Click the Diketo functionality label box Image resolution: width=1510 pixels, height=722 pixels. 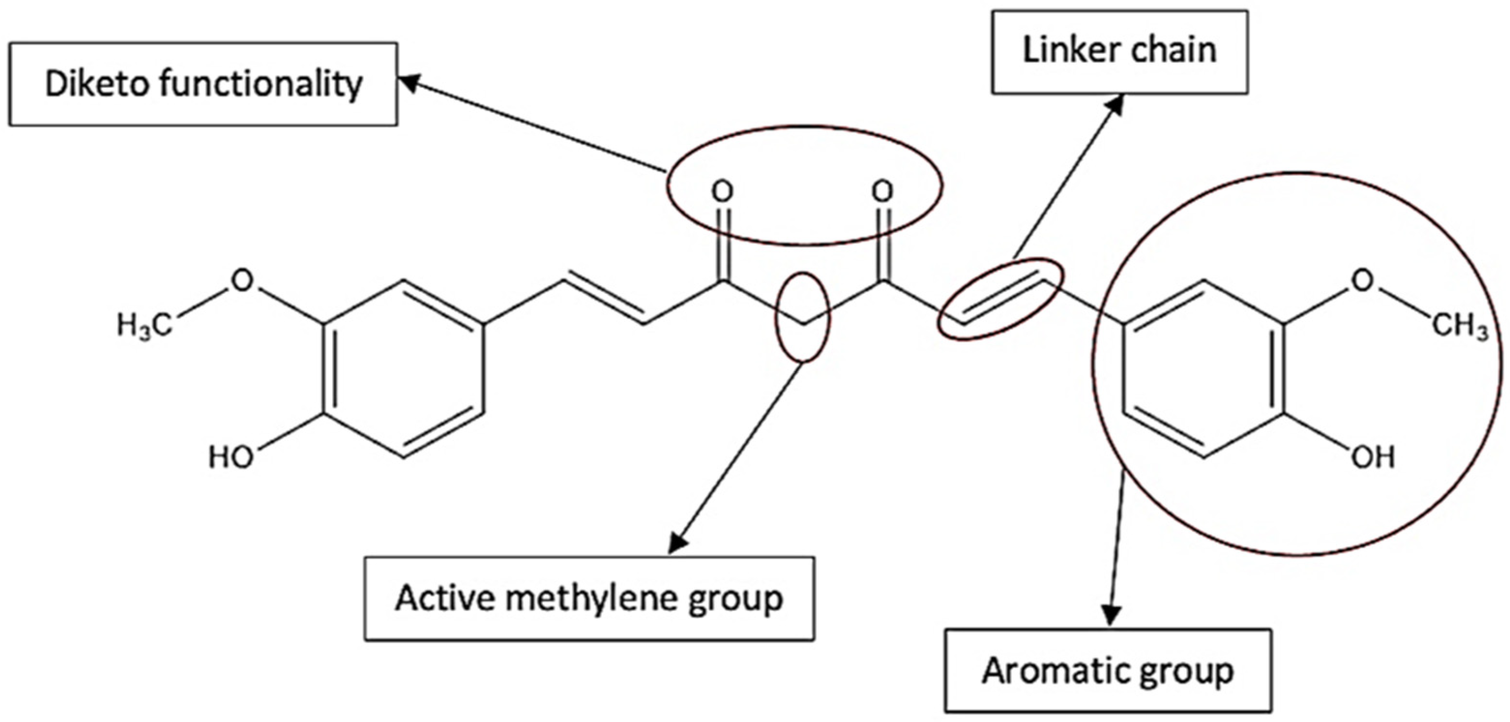coord(203,84)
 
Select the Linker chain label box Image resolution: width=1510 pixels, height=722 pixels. coord(1119,51)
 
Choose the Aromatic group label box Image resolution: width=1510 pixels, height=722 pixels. coord(1108,671)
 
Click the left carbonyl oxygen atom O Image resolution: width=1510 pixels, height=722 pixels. coord(723,191)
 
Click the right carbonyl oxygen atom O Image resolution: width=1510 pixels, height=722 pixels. coord(883,191)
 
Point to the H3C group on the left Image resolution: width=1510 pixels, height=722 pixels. coord(144,326)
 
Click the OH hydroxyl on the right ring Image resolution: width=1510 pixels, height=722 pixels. coord(1373,457)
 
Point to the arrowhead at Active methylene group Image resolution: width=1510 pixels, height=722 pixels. coord(677,543)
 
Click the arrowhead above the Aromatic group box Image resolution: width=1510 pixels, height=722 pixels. coord(1112,618)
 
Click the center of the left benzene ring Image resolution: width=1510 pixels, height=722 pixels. coord(403,369)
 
